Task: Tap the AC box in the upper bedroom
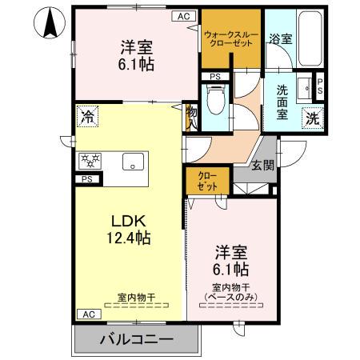[183, 14]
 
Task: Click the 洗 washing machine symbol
[313, 117]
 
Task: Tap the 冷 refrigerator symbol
[86, 117]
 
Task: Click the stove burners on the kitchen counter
[87, 160]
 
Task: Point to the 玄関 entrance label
[263, 165]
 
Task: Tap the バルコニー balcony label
[136, 340]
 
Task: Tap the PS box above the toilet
[214, 76]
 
